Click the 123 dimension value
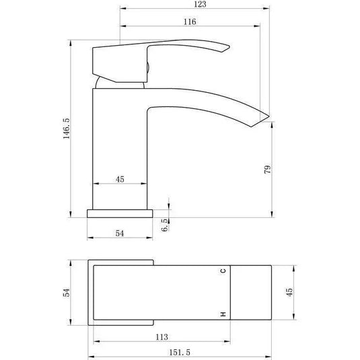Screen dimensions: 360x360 200,4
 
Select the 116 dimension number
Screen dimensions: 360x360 190,22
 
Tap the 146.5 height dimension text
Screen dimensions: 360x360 67,129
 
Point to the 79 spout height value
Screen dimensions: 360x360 267,170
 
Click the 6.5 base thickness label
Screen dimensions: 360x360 164,225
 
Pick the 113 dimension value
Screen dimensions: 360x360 162,337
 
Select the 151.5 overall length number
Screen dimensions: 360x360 180,353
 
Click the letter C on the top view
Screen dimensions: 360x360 223,271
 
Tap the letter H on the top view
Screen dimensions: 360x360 223,314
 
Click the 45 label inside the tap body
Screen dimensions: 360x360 120,179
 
